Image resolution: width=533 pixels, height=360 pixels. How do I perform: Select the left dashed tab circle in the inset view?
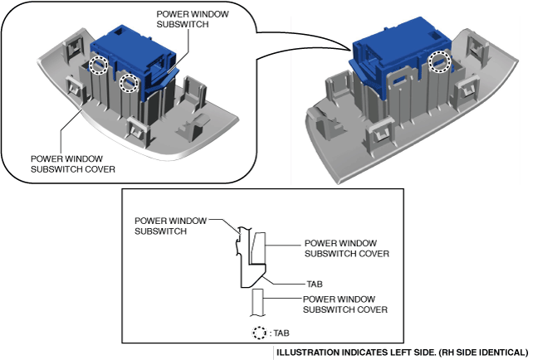(x=98, y=64)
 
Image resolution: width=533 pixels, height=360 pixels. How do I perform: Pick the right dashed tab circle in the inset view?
(x=128, y=82)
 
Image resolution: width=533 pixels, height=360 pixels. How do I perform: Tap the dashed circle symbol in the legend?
(x=261, y=334)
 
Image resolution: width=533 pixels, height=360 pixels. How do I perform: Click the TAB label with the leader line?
(x=291, y=283)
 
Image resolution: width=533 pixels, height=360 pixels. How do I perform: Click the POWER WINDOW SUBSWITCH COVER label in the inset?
(x=72, y=163)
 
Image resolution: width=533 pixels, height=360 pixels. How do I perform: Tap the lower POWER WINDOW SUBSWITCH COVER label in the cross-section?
(x=346, y=304)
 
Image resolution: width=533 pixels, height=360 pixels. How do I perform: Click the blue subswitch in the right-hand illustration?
(x=399, y=54)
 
